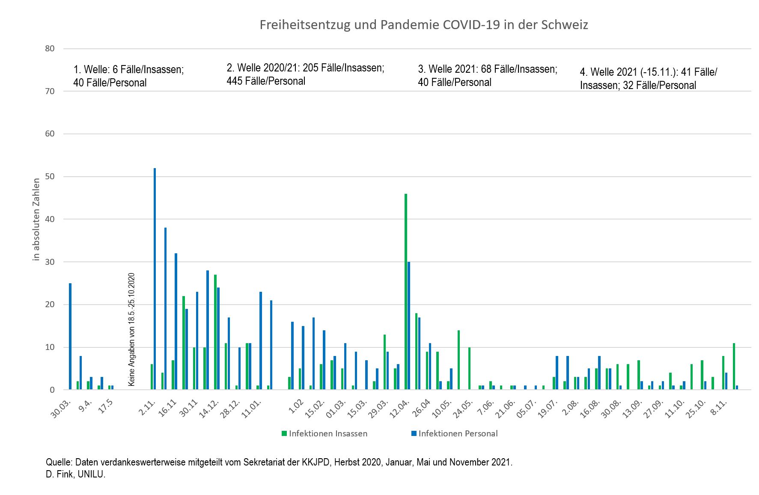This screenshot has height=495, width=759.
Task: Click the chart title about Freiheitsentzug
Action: click(x=424, y=25)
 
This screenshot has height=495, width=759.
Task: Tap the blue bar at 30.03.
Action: click(x=70, y=336)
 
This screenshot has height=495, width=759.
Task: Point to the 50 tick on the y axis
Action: click(x=50, y=177)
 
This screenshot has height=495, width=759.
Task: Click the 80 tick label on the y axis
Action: click(x=50, y=48)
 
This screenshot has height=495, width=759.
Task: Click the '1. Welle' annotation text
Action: click(x=128, y=76)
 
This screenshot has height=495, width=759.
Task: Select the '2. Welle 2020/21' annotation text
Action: click(x=305, y=74)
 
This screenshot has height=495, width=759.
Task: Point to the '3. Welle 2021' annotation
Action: click(x=488, y=75)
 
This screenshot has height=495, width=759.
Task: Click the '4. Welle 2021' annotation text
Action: click(x=648, y=78)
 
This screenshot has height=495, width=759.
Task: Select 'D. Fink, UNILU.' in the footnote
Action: click(x=75, y=474)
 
